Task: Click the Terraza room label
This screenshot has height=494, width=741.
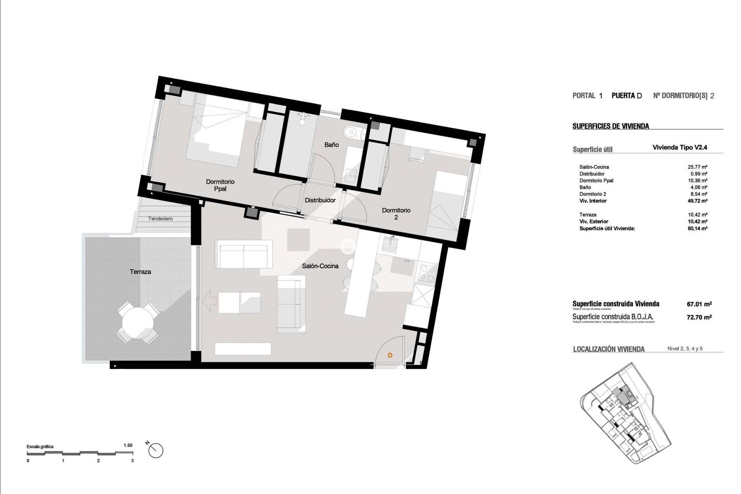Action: [x=140, y=272]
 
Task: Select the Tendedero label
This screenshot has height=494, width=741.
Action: [x=161, y=219]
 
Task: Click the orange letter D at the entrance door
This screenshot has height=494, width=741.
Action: [x=390, y=355]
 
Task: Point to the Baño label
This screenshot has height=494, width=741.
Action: [x=332, y=145]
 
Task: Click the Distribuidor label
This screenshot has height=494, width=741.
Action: [x=320, y=200]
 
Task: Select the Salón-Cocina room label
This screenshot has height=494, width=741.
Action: [x=320, y=266]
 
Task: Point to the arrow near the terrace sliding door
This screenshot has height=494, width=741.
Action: [x=209, y=301]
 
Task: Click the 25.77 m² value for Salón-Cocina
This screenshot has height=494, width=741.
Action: [x=697, y=167]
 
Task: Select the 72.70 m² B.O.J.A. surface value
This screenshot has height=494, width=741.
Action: [x=699, y=317]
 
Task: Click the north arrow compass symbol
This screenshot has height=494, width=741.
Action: [x=156, y=450]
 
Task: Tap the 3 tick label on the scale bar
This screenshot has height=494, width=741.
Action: [x=132, y=461]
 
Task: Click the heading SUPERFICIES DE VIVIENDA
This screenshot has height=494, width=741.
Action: [x=611, y=126]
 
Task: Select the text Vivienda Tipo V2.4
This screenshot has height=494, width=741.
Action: [x=680, y=147]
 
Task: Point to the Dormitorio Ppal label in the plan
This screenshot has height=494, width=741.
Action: [x=220, y=185]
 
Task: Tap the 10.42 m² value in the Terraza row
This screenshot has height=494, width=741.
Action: [x=697, y=215]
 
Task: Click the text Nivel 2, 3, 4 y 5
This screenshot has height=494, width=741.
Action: [x=685, y=349]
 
